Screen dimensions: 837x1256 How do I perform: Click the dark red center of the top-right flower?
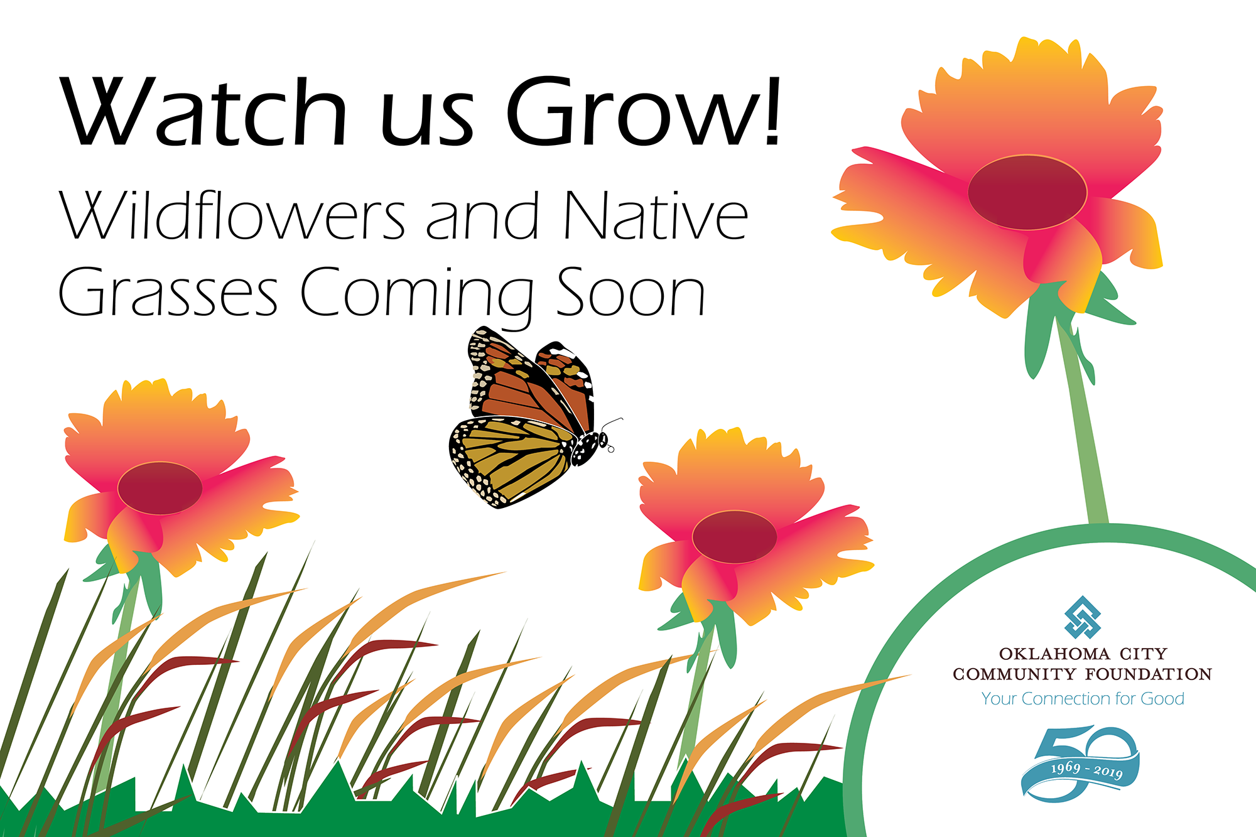click(x=1027, y=192)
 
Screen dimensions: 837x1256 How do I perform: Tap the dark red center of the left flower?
click(x=160, y=488)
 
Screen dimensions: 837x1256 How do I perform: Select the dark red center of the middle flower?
click(x=734, y=537)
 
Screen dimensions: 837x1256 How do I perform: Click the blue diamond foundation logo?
click(x=1083, y=617)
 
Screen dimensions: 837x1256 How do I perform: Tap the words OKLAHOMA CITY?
click(x=1083, y=654)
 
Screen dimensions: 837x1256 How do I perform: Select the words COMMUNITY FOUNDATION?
click(x=1082, y=674)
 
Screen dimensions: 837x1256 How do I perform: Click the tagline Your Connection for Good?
click(x=1083, y=699)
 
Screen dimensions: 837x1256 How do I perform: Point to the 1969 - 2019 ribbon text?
click(x=1086, y=769)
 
